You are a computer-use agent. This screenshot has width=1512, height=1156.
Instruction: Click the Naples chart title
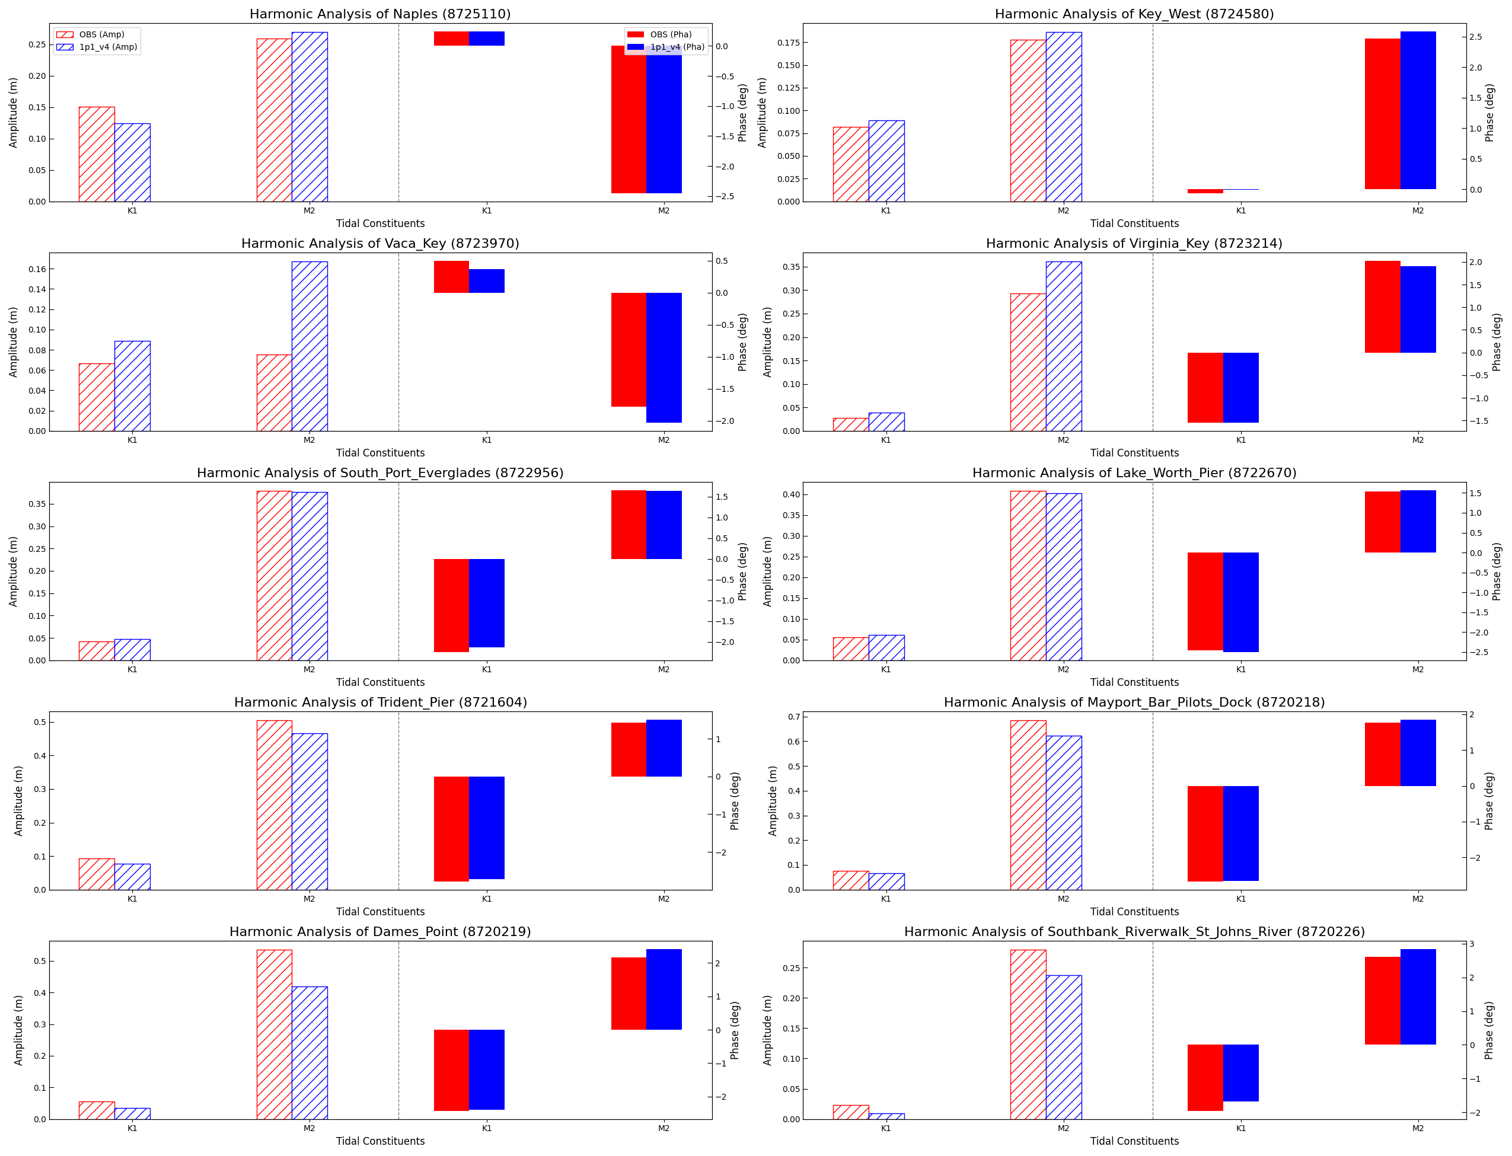(380, 14)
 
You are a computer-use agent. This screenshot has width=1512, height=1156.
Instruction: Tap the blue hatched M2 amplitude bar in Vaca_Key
(310, 346)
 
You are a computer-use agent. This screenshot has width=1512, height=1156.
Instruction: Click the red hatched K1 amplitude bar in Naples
(97, 154)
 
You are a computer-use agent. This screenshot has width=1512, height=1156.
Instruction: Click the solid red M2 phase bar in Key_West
(1382, 114)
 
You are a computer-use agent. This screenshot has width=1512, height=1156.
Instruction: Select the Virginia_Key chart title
(1134, 244)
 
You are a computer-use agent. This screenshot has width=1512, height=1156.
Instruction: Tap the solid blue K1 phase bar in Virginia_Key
(1240, 387)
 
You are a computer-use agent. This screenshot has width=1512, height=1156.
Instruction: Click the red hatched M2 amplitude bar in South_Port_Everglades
(275, 575)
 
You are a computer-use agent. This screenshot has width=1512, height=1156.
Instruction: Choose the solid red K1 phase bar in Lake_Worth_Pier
(1205, 601)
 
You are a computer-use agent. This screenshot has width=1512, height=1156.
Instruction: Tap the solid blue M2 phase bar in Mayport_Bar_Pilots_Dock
(1418, 753)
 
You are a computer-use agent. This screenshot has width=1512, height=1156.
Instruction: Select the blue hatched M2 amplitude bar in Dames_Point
(310, 1053)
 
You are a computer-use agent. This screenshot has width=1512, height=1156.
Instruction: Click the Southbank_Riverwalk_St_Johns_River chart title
(1134, 932)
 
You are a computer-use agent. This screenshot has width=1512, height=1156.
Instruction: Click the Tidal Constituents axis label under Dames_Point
(380, 1141)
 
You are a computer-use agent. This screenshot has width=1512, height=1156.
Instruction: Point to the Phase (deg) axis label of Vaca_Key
(742, 342)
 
